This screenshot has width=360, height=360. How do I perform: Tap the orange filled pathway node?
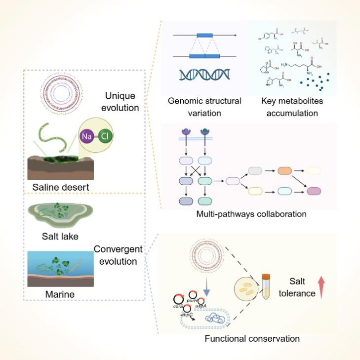(x=285, y=170)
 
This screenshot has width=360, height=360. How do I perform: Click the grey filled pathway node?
(x=256, y=170)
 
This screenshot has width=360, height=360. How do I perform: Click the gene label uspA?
(x=200, y=306)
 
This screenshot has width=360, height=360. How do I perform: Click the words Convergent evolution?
(x=115, y=255)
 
